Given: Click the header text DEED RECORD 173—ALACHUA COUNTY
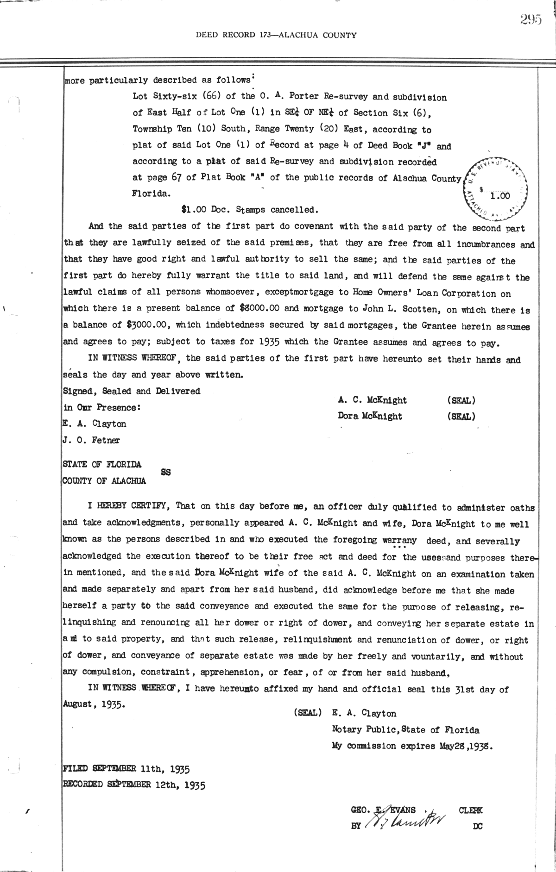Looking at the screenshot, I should pos(276,35).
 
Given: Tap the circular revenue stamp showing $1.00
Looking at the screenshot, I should pos(496,190).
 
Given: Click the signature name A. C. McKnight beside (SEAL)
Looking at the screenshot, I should pos(373,400).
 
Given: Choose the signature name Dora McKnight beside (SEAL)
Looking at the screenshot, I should pos(370,416).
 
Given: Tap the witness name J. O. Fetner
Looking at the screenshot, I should pos(91,440).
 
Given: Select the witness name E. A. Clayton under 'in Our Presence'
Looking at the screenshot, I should pos(94,424).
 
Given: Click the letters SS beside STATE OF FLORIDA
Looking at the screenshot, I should pos(165,473).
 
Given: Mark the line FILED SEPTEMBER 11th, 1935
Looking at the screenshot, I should pos(126,769).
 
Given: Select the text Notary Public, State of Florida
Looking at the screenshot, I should pos(405,730).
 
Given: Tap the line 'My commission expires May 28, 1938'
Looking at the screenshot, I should pos(412,746).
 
